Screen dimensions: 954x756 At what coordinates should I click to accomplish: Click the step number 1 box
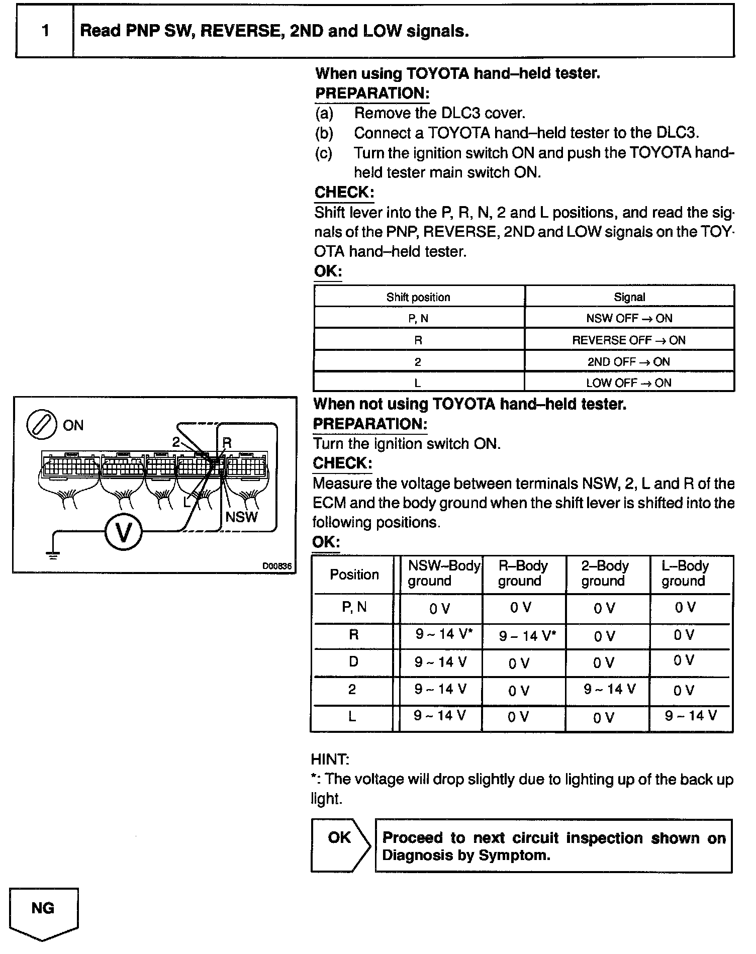point(45,31)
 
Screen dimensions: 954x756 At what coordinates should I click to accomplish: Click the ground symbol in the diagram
point(52,553)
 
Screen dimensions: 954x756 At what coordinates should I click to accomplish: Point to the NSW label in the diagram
point(241,517)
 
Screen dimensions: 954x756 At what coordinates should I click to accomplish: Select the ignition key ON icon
point(42,425)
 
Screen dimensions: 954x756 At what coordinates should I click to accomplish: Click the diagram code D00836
point(276,566)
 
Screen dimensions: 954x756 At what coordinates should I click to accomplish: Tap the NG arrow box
point(43,910)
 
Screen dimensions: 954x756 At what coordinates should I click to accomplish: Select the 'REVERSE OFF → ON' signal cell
point(629,340)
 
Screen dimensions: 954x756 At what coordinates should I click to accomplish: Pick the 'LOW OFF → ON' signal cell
point(629,383)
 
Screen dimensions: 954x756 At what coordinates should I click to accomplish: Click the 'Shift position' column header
point(418,297)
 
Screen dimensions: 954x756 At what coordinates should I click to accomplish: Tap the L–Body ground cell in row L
point(691,716)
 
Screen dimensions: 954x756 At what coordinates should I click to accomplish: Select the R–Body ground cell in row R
point(526,636)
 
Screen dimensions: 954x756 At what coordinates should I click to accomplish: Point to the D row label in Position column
point(353,661)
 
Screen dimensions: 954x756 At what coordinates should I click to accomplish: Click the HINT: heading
point(330,759)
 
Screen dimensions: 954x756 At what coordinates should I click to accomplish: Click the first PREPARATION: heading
point(372,93)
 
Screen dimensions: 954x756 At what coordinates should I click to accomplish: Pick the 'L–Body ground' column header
point(685,574)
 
